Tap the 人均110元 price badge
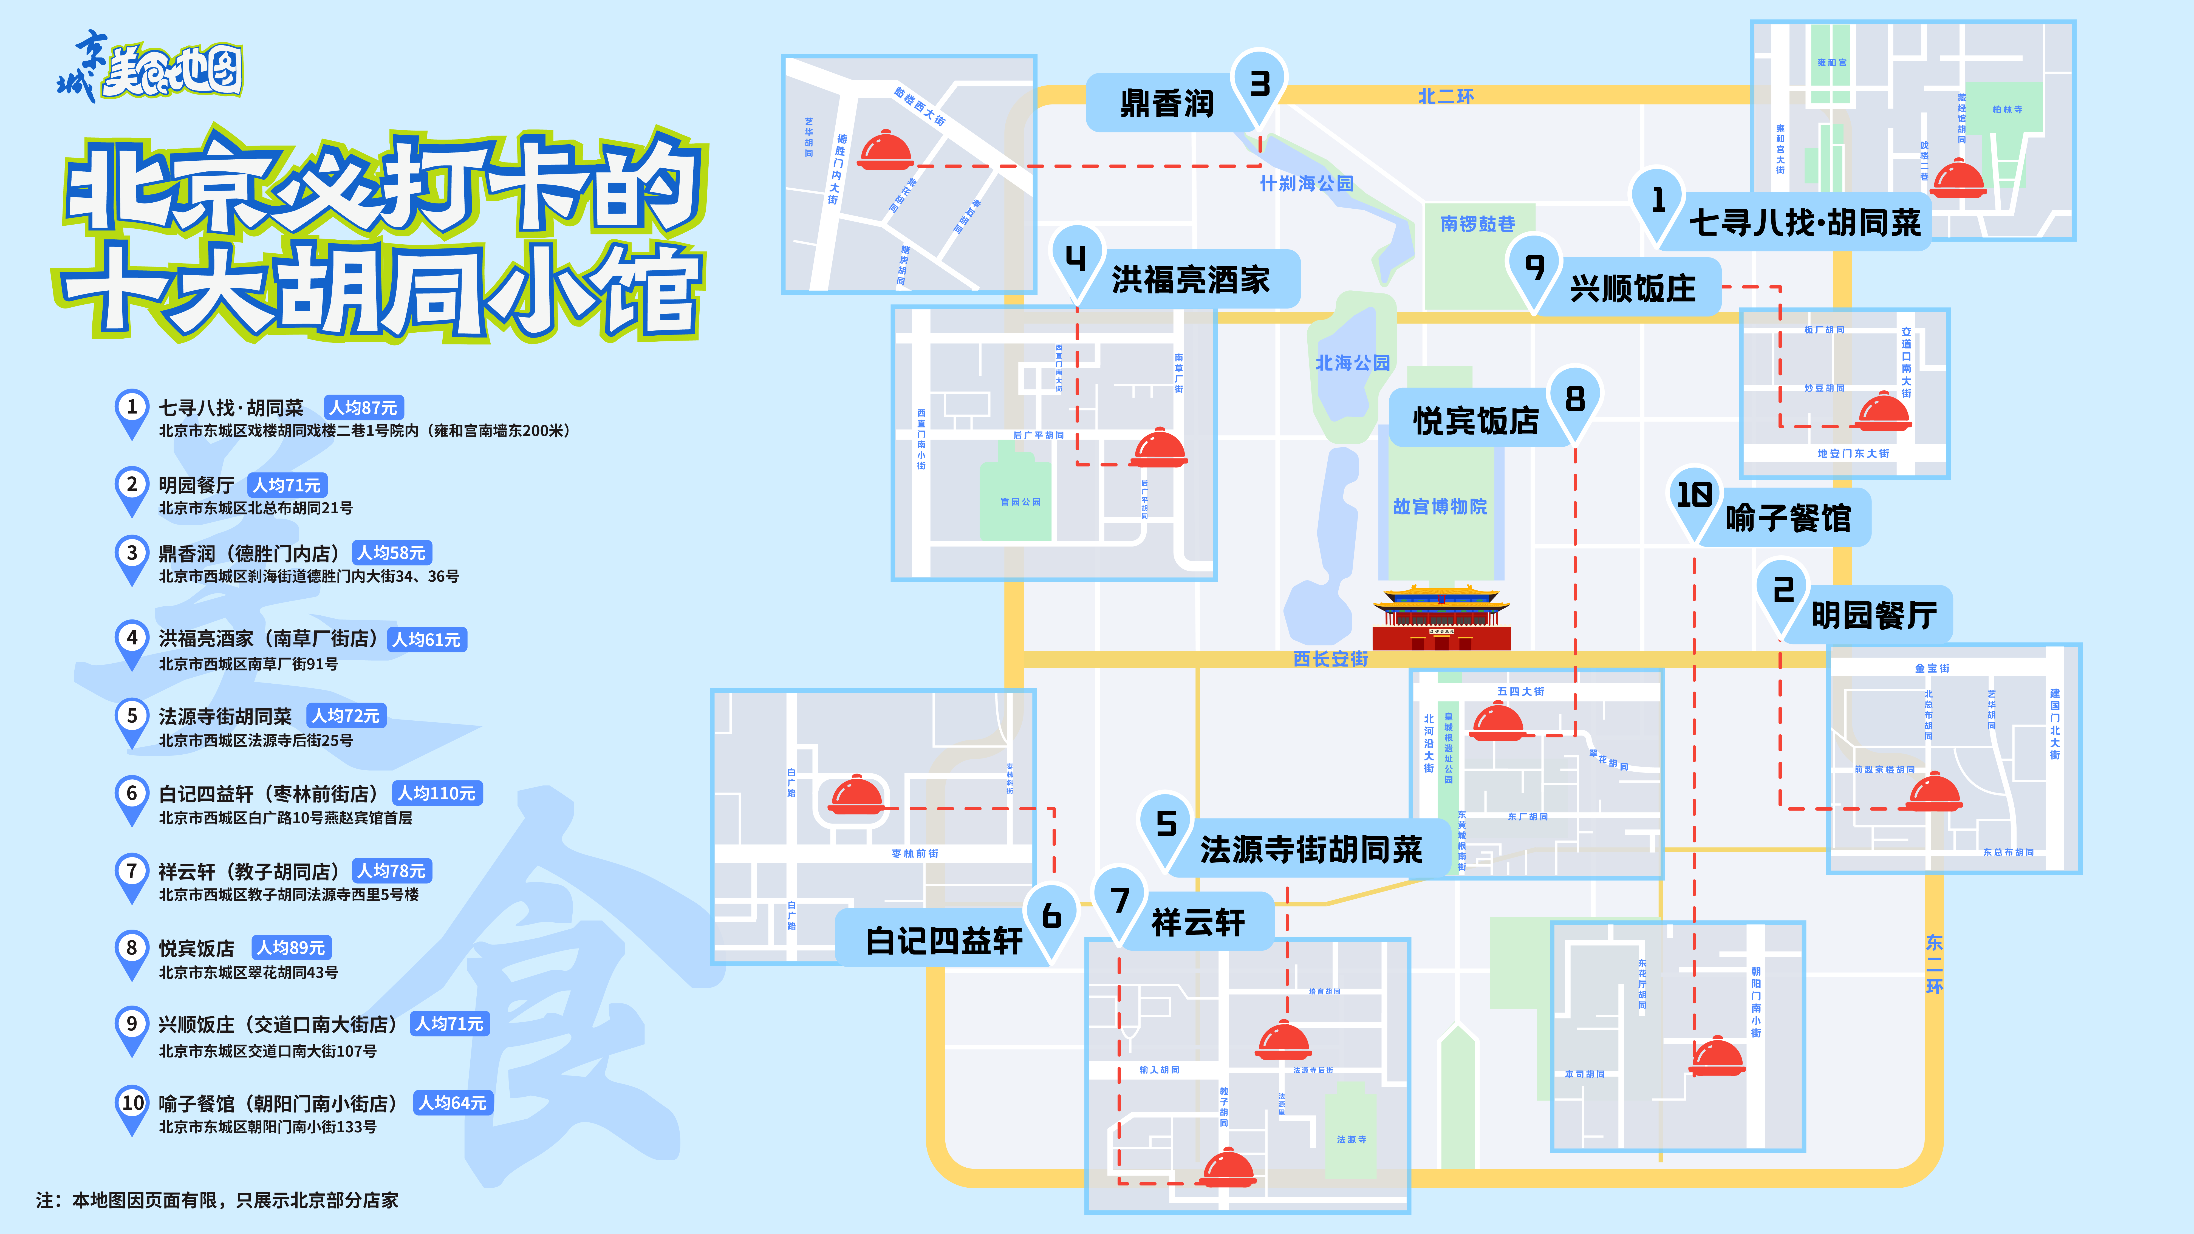437,793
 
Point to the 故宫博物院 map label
1439,507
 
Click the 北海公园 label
1353,363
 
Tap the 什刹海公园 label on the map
1307,183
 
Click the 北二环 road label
1445,96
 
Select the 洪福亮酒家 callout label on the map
1190,279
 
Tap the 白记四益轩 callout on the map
944,940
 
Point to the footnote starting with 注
217,1200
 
